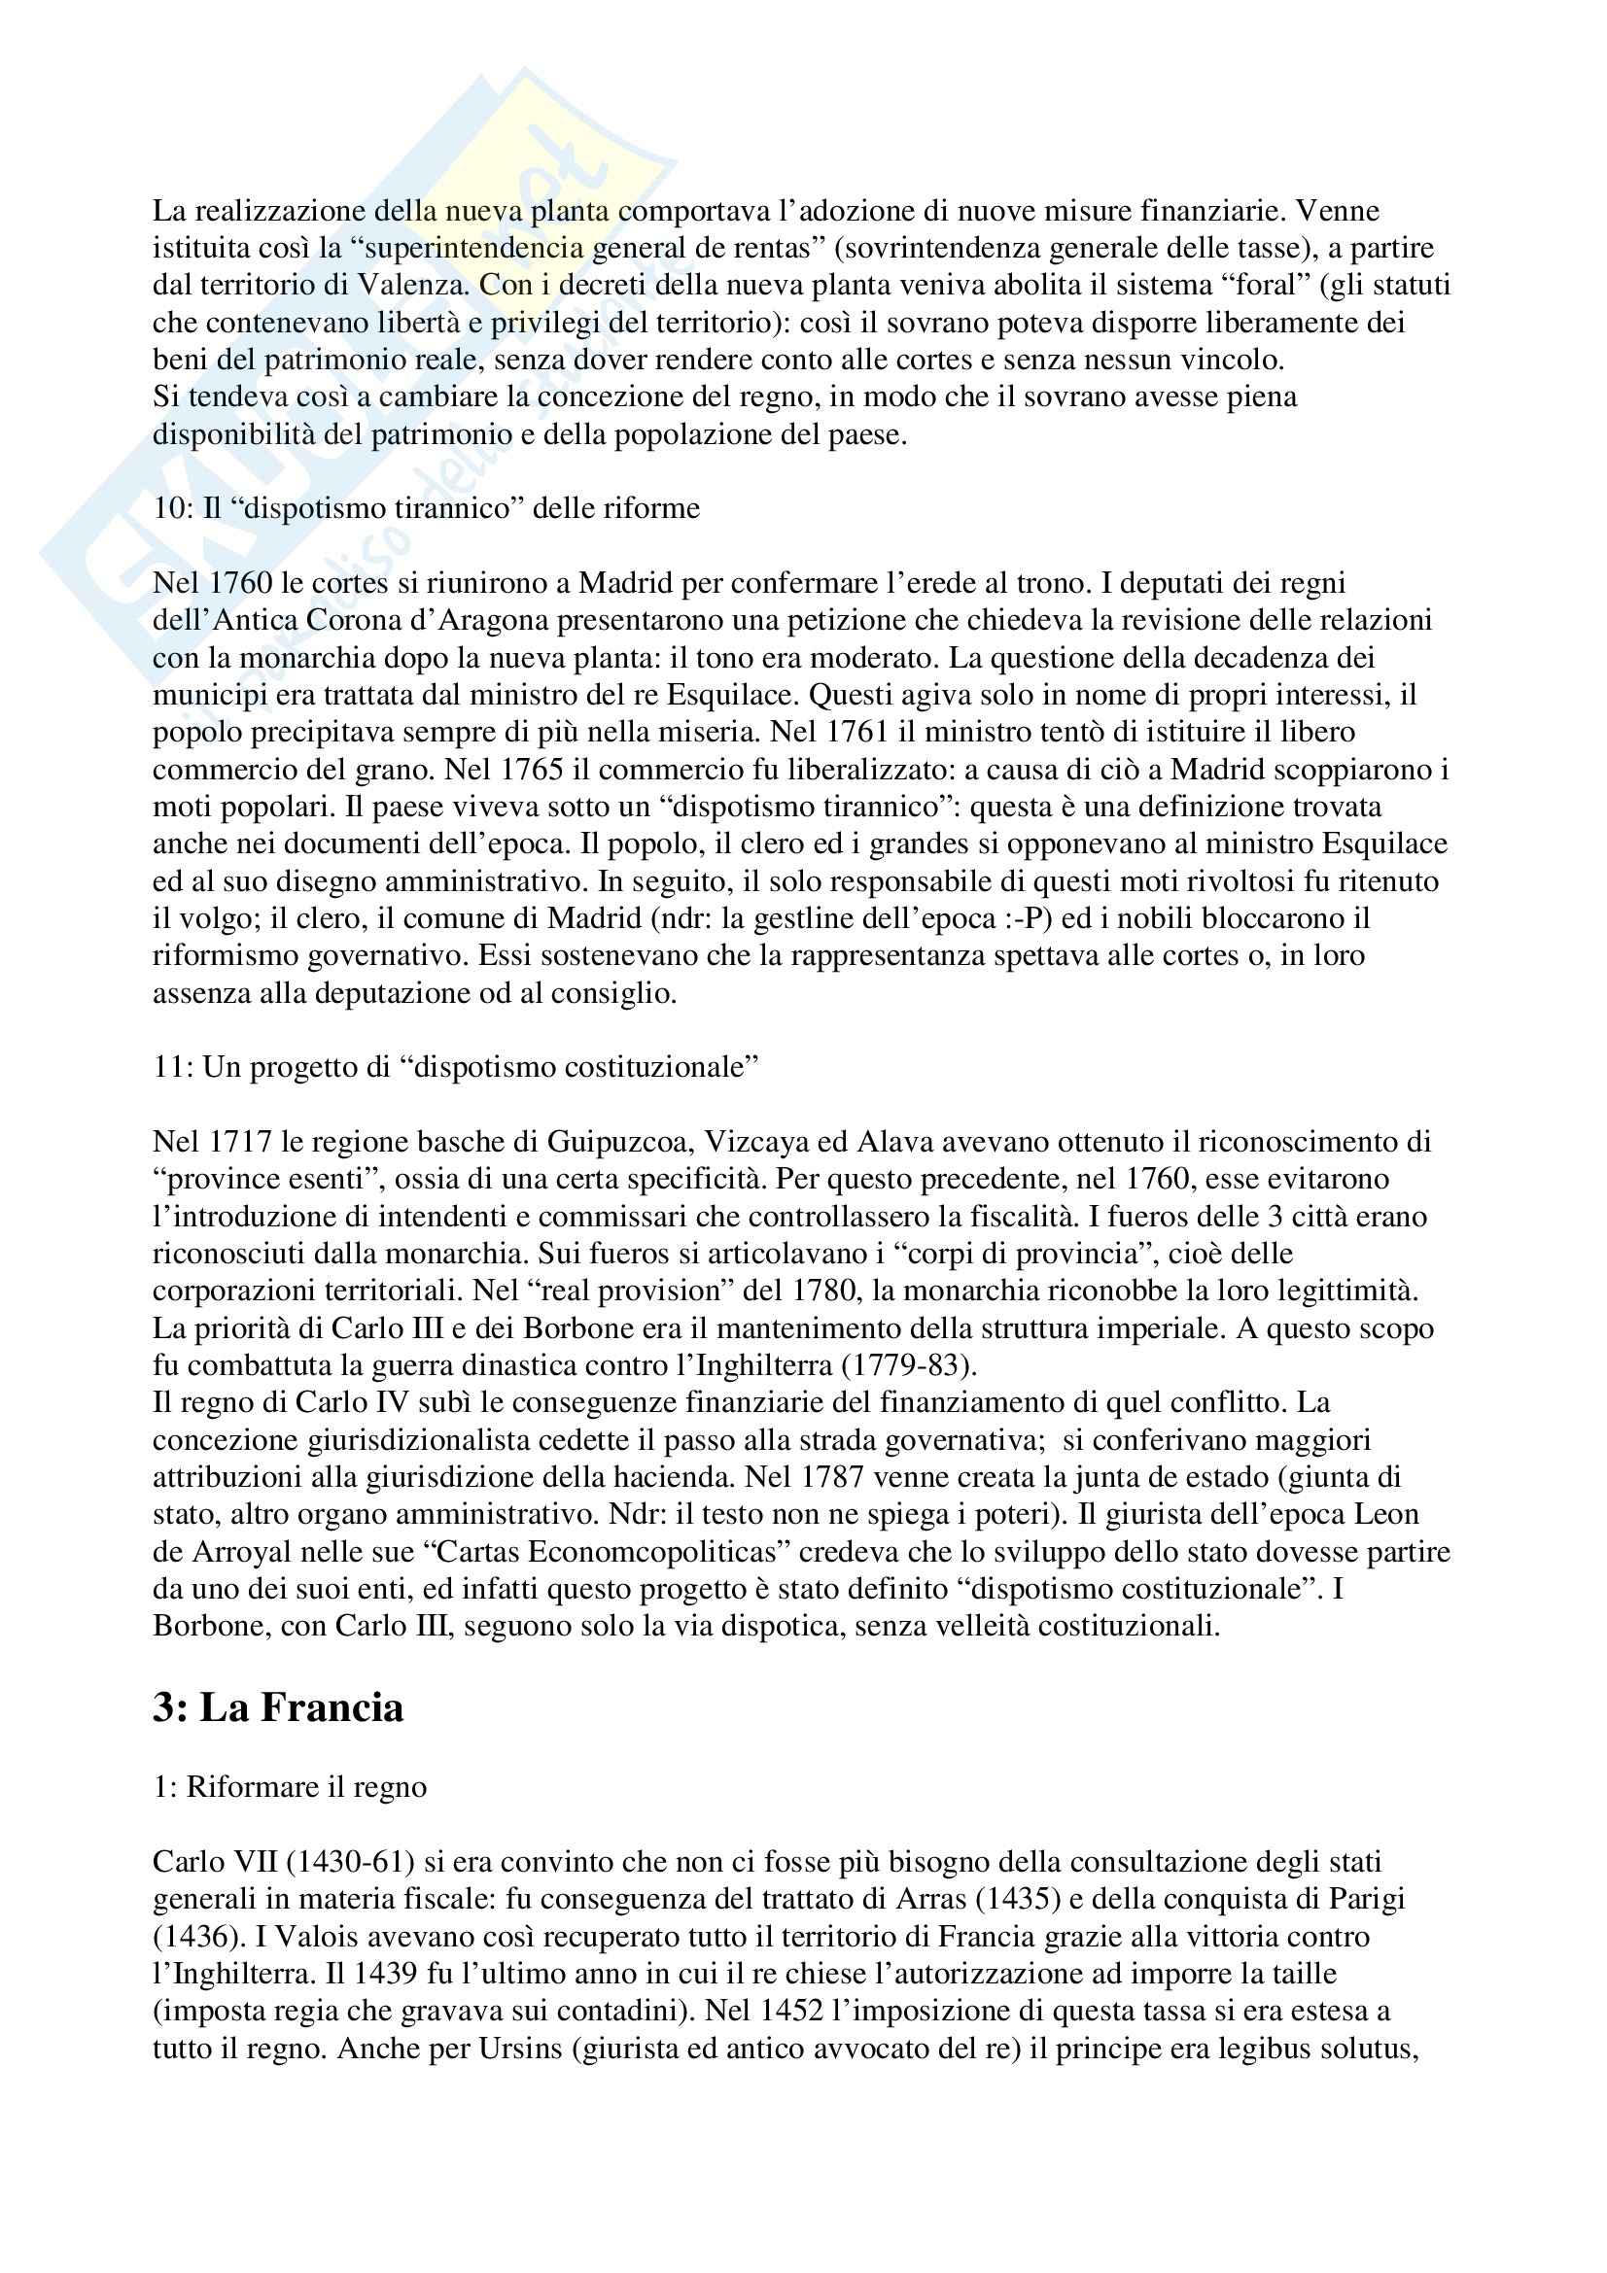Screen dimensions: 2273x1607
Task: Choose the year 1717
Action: [x=240, y=1142]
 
